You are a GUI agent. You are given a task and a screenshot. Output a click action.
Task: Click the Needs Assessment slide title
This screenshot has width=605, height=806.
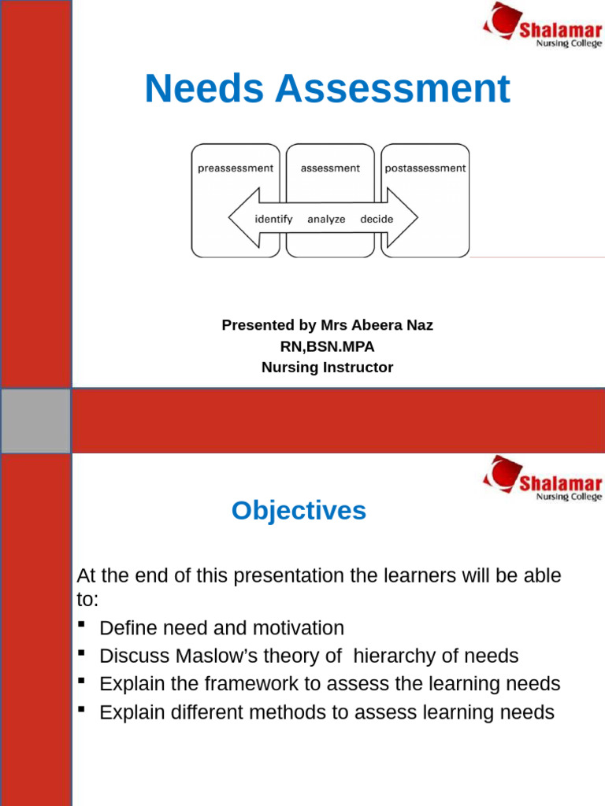(327, 89)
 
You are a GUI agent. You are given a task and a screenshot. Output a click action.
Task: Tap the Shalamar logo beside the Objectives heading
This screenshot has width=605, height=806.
(542, 479)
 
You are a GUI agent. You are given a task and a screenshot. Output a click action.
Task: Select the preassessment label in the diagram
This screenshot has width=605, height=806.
(236, 168)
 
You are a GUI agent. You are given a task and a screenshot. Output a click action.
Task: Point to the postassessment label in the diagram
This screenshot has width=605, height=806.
(425, 168)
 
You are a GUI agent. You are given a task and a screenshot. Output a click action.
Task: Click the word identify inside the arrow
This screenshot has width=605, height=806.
(273, 219)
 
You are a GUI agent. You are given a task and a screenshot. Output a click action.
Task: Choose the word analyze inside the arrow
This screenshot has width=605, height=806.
(326, 219)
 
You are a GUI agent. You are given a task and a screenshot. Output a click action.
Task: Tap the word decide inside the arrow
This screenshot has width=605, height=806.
(377, 219)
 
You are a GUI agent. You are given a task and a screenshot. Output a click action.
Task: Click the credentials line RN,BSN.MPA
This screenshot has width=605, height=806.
(327, 346)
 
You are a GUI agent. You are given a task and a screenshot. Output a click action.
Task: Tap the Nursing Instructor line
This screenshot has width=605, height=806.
(327, 367)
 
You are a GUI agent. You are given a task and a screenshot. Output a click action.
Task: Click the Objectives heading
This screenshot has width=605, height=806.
(299, 511)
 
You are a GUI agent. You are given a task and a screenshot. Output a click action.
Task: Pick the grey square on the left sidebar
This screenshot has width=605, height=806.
(35, 420)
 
